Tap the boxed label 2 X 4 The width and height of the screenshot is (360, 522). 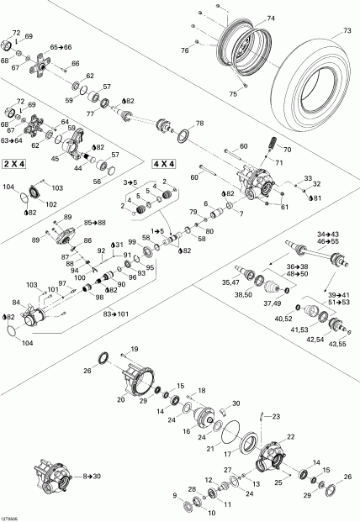tap(18, 162)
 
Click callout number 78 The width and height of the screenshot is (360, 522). tap(199, 124)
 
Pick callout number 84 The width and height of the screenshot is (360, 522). tap(15, 302)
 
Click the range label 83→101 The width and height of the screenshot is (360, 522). tap(117, 314)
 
